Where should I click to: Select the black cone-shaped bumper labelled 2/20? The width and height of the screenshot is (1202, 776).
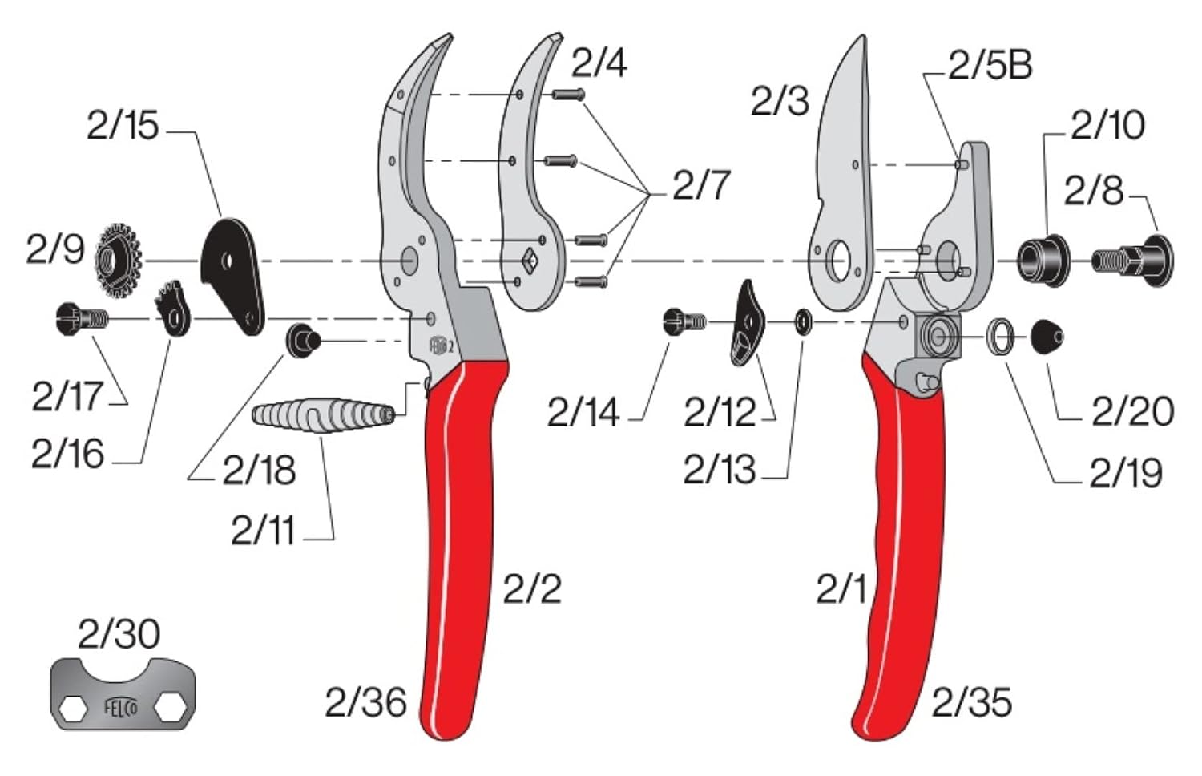(1047, 337)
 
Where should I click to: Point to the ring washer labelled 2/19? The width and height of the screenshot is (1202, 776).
(1001, 337)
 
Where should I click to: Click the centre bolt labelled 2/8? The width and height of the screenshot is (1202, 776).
(1132, 261)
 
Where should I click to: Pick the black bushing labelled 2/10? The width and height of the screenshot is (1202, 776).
(1043, 261)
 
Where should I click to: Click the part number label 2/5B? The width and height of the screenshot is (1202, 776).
(990, 66)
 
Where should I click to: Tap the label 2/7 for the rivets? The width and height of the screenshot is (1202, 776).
(701, 185)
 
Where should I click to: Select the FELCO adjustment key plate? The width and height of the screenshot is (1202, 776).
(123, 694)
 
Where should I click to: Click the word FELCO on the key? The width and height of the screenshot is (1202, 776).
(121, 708)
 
